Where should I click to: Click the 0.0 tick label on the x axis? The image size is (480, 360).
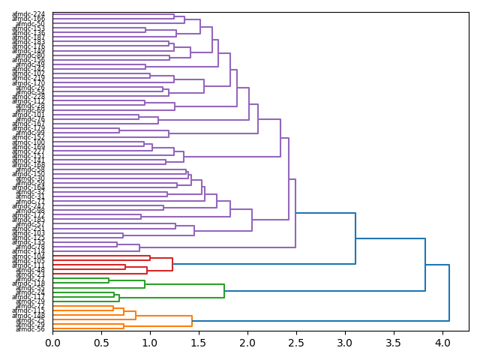(x=52, y=343)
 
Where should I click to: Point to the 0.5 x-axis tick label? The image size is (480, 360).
(x=101, y=343)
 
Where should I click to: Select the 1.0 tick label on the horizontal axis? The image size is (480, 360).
(x=150, y=343)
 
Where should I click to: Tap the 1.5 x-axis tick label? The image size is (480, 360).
(x=199, y=343)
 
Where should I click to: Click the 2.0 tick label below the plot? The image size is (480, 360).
(x=247, y=343)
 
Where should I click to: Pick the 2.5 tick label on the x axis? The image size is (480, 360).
(x=296, y=343)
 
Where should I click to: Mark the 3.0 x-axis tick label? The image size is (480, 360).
(x=344, y=343)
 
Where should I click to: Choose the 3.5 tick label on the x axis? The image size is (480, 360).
(x=393, y=343)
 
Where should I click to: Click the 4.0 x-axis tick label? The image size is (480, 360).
(x=442, y=343)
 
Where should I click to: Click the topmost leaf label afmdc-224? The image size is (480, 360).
(x=28, y=14)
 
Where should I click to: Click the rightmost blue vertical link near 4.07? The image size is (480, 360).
(x=449, y=292)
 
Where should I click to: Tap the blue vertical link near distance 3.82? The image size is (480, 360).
(x=425, y=265)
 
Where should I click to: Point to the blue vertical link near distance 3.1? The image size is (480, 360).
(x=355, y=238)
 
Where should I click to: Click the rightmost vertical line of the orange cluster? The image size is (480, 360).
(x=192, y=321)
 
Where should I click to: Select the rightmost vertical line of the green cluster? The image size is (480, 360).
(x=224, y=291)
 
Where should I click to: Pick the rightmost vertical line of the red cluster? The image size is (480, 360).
(x=172, y=264)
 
